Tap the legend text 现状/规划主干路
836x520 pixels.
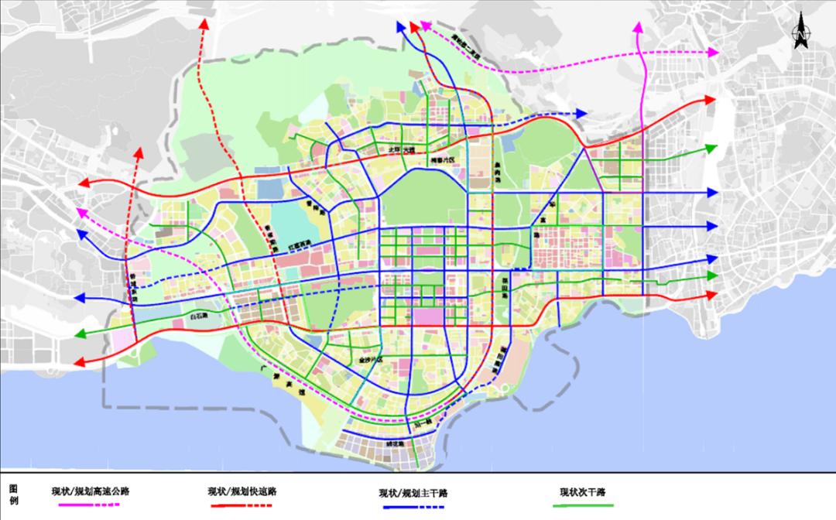point(414,493)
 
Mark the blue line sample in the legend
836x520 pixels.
point(413,508)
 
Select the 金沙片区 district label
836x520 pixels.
point(372,360)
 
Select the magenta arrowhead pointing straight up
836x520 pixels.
point(639,29)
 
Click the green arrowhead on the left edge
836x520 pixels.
point(81,334)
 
